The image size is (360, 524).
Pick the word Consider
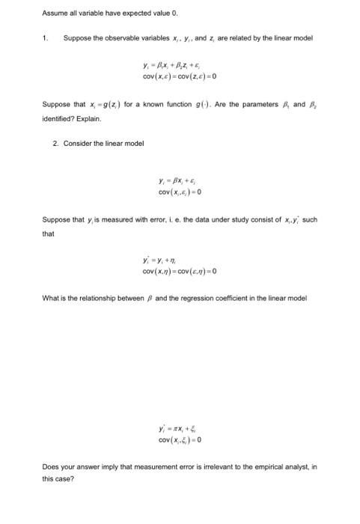(x=77, y=143)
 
